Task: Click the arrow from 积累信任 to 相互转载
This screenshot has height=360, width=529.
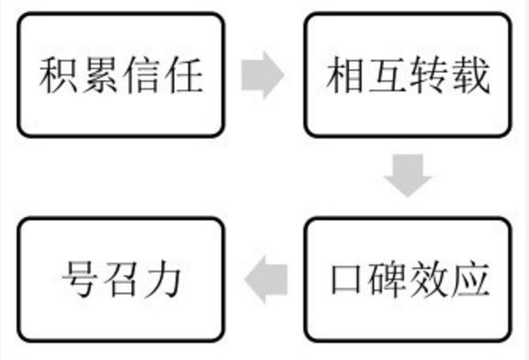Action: coord(263,75)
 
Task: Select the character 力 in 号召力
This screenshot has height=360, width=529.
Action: coord(165,275)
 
